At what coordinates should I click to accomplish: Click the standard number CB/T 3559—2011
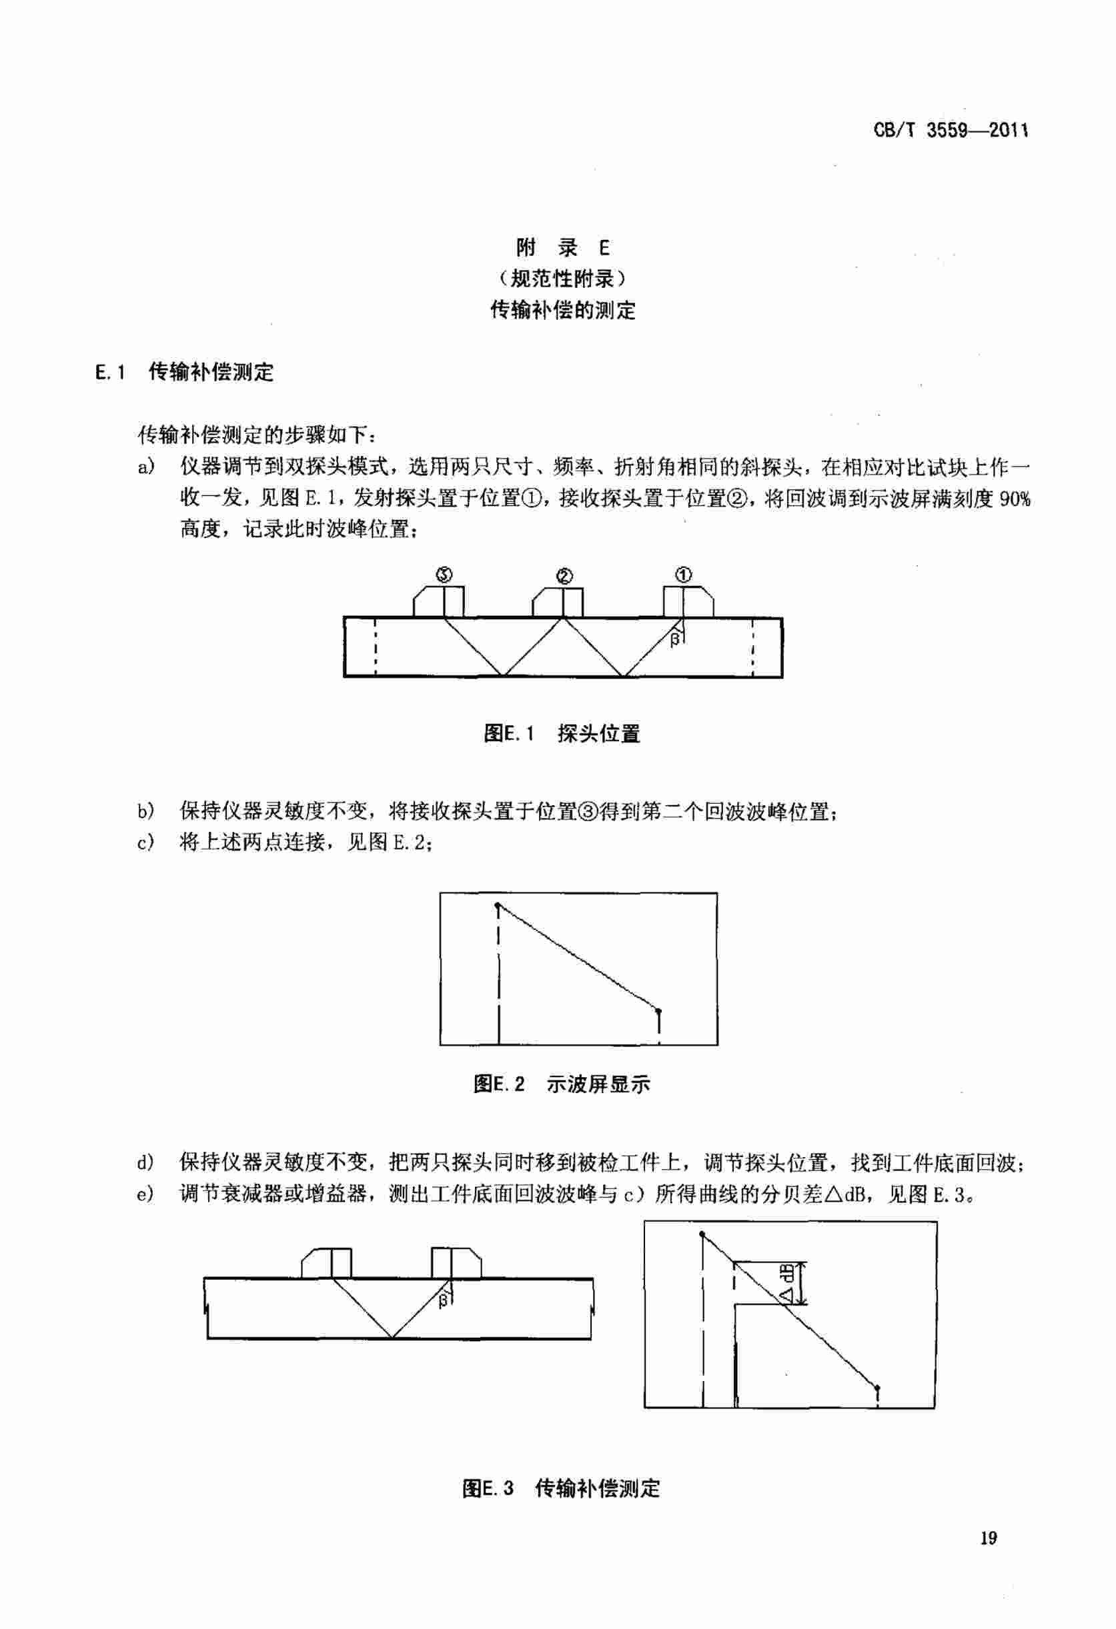point(951,131)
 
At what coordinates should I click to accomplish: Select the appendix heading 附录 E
point(562,247)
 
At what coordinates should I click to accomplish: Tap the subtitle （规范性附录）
point(562,279)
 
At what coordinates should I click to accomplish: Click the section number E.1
point(110,371)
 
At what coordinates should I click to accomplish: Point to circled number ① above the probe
point(683,575)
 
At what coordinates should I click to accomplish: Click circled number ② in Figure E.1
point(564,576)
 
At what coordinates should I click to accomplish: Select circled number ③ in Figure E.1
point(445,575)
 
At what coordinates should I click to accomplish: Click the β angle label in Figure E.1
point(675,639)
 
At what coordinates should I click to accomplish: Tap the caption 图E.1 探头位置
point(562,734)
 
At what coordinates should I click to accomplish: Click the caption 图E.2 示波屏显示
point(562,1084)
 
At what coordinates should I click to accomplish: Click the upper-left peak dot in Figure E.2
point(498,906)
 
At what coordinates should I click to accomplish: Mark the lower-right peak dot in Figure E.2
point(658,1010)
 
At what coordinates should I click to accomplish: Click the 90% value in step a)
point(1015,499)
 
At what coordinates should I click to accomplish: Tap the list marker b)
point(145,813)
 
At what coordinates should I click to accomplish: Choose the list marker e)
point(145,1194)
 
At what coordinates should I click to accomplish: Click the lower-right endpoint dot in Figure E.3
point(877,1387)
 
